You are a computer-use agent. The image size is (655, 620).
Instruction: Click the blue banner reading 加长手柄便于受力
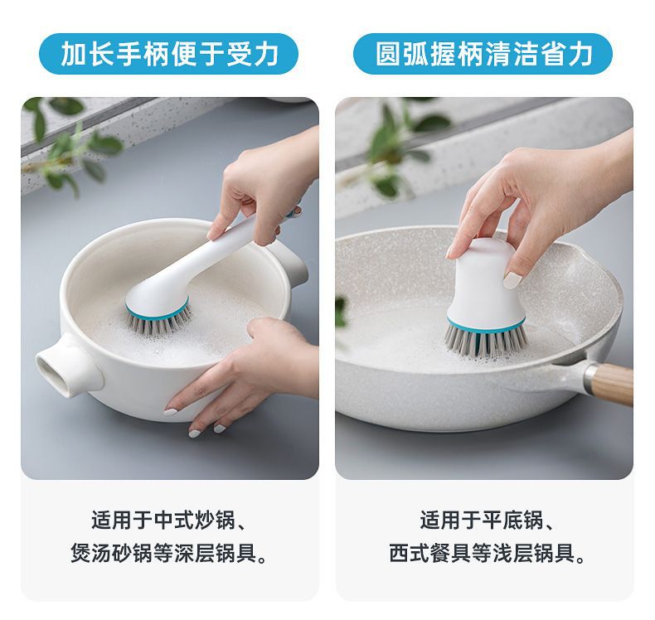tap(168, 54)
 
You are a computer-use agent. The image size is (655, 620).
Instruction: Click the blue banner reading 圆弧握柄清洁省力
tap(483, 54)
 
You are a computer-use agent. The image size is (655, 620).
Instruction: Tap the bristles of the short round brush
tap(485, 341)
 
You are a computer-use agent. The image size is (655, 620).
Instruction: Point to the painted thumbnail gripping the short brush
tap(512, 279)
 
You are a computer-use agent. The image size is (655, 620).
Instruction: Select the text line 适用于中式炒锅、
tap(168, 521)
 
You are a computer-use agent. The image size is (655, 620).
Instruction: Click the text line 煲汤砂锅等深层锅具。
tap(169, 553)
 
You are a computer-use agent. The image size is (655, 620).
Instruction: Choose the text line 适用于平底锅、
tap(487, 521)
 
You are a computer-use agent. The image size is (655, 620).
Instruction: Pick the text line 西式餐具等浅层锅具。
tap(487, 553)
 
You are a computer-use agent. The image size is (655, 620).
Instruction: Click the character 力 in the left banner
tap(266, 54)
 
